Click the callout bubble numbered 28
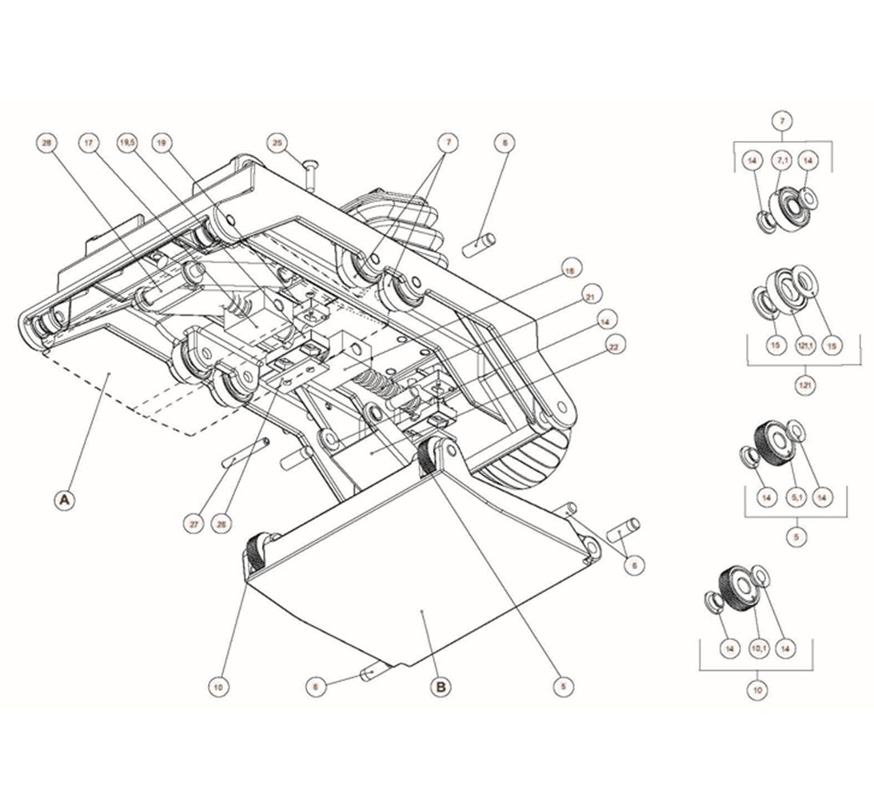(46, 144)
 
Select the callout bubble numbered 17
(88, 144)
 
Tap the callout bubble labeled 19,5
(126, 144)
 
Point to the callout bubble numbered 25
(277, 144)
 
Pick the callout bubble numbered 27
(194, 525)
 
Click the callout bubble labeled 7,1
(780, 162)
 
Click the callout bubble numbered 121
(805, 385)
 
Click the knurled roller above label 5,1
(772, 439)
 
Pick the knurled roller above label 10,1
(734, 588)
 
